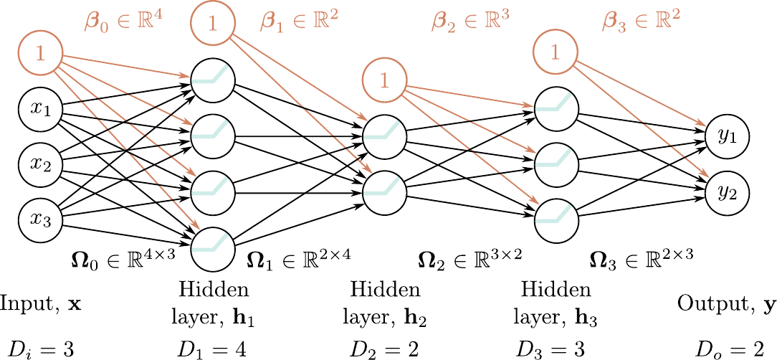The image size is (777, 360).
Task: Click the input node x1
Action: tap(39, 110)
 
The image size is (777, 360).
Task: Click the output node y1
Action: tap(727, 136)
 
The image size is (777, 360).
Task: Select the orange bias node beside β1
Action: tap(212, 24)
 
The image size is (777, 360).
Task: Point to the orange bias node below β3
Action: tap(556, 52)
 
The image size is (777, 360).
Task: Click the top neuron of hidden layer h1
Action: tap(212, 77)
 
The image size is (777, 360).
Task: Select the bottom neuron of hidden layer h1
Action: tap(212, 247)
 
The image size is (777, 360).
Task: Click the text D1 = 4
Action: tap(213, 349)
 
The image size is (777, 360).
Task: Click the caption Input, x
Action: tap(40, 304)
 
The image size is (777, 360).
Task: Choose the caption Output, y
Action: tap(725, 304)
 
